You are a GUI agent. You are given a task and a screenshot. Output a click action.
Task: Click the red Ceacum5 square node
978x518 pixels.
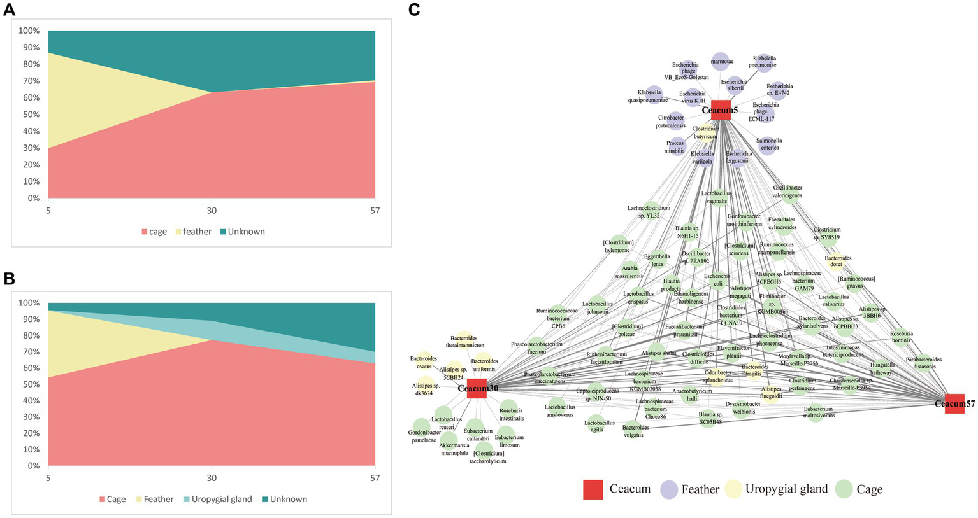pos(720,109)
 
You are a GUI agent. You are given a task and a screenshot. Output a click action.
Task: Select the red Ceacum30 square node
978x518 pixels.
pos(477,388)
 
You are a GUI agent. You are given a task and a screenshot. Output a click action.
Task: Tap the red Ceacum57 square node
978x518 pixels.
pos(954,403)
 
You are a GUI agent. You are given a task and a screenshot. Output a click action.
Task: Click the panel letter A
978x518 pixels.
pos(9,11)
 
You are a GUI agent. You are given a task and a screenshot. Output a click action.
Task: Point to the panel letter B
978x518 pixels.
pos(9,279)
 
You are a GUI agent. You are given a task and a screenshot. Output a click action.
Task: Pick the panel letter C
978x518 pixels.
pos(414,11)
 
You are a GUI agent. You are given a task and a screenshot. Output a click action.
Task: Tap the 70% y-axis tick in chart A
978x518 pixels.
pos(29,81)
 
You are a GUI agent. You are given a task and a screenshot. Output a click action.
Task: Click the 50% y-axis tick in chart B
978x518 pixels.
pos(29,384)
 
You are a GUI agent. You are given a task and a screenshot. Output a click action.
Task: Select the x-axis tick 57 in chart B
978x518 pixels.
pos(375,477)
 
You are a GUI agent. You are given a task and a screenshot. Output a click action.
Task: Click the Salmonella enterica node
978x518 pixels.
pos(768,144)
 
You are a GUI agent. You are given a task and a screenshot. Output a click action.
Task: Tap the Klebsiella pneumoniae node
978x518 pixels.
pos(764,62)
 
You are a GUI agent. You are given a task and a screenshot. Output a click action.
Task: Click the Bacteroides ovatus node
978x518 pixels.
pos(424,361)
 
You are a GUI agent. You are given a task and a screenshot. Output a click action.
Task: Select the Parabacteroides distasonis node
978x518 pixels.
pos(924,363)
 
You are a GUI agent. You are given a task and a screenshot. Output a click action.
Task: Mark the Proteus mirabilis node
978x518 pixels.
pos(675,146)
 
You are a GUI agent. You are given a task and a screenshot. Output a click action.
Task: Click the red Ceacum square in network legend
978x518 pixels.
pos(593,489)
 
